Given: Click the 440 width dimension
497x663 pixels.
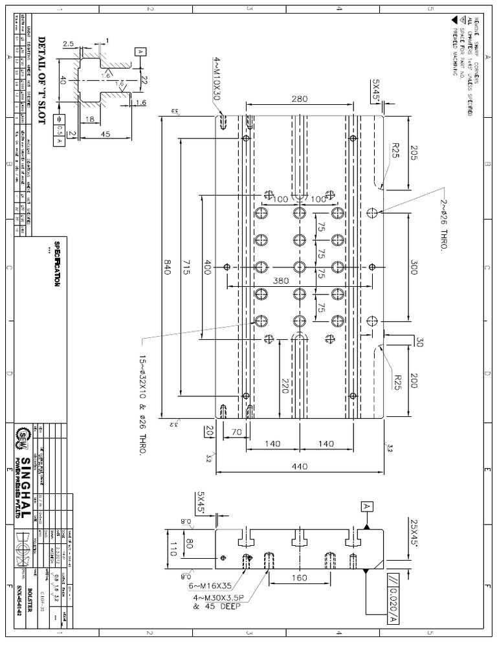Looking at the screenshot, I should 300,466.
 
